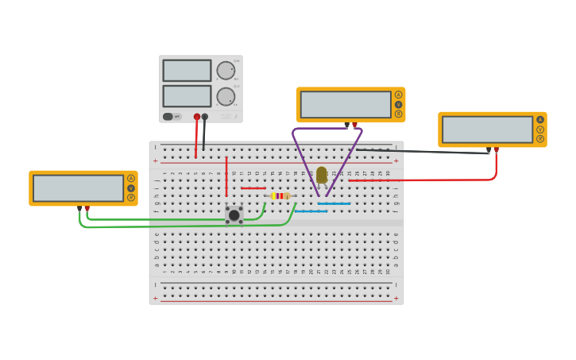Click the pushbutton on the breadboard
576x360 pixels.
234,215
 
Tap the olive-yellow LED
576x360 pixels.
321,175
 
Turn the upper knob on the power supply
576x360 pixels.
226,71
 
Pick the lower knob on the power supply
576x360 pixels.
226,97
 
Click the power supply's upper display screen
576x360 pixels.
187,71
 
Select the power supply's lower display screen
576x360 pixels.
187,96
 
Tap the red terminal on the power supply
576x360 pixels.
197,117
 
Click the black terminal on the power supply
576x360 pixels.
205,117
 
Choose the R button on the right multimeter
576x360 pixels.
540,139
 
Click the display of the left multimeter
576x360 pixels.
78,188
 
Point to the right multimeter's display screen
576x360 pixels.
487,130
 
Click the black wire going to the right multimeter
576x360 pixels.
421,150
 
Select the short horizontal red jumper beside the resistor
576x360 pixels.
253,188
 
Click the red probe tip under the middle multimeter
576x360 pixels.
354,125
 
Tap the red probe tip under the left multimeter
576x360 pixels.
87,208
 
